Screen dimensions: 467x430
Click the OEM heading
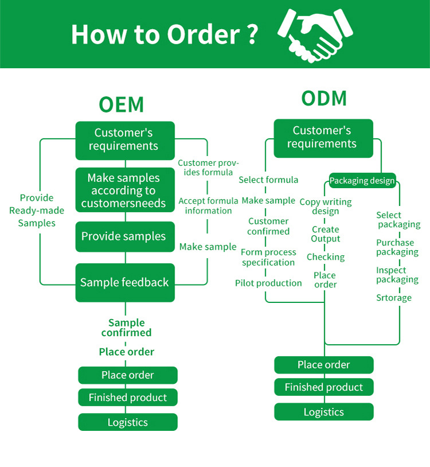point(121,104)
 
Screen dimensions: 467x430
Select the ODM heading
point(324,98)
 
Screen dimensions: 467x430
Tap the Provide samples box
point(124,236)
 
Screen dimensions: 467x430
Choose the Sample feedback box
point(124,282)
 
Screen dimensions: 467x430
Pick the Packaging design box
point(362,181)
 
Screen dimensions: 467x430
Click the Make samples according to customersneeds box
point(124,190)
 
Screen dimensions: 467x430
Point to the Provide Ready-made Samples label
point(37,210)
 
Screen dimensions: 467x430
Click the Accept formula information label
point(208,205)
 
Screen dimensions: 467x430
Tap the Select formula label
point(268,180)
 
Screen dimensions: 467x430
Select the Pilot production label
point(268,283)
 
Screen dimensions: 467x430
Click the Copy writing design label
point(326,207)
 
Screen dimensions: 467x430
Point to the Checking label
point(326,257)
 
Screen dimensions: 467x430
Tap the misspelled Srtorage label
point(394,298)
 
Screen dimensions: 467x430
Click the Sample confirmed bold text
point(127,328)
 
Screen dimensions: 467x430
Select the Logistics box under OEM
point(128,422)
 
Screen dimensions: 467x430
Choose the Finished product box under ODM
point(324,387)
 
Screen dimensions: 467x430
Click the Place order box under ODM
point(324,365)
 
